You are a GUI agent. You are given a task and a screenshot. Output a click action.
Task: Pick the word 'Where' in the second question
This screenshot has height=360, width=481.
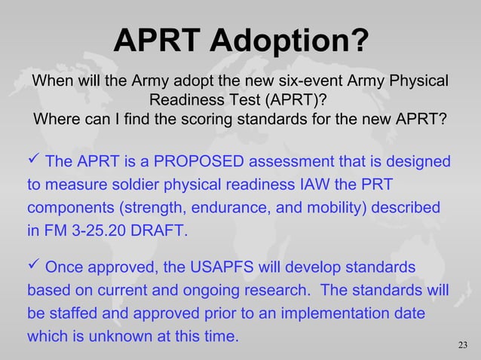58,120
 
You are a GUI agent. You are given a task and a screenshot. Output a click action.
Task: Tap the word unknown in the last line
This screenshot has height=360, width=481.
109,337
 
